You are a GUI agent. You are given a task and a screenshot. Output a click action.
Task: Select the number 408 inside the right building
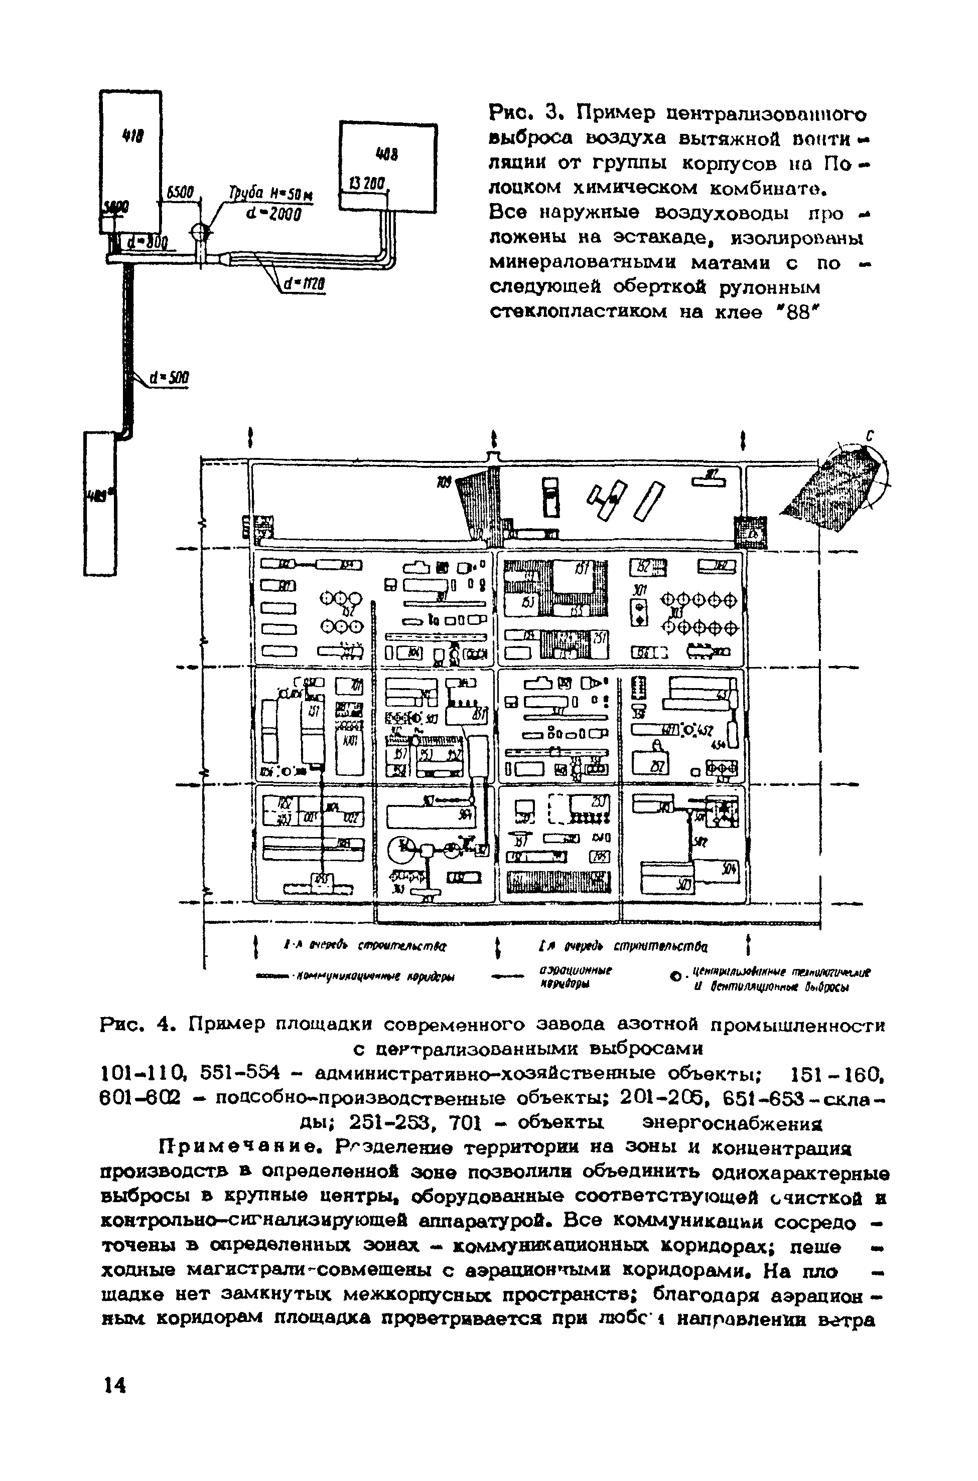(x=387, y=153)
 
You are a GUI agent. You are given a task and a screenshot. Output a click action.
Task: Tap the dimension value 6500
(x=180, y=193)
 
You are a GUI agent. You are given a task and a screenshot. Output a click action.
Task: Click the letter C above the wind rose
(x=869, y=438)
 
